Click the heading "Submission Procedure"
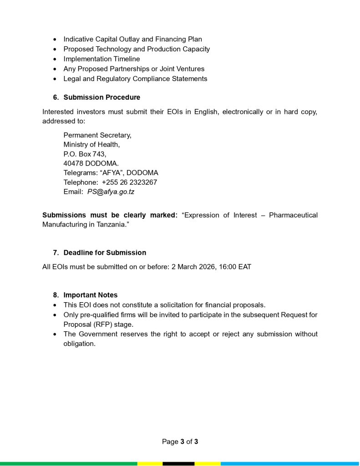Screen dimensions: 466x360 (x=101, y=97)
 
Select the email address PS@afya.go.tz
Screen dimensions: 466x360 (x=111, y=192)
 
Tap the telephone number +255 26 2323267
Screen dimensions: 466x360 (x=129, y=182)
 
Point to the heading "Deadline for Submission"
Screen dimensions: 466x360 (x=105, y=253)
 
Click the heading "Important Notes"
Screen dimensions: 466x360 (x=90, y=295)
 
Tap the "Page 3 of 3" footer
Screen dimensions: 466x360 (x=180, y=441)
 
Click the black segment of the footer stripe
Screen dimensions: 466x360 (x=178, y=464)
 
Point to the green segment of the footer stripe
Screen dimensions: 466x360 (x=68, y=464)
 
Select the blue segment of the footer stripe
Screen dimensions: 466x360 (x=290, y=464)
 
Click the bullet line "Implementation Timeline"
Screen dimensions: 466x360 (x=101, y=59)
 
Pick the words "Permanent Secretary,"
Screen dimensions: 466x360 (x=97, y=135)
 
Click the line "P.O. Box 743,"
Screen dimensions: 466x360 (x=85, y=154)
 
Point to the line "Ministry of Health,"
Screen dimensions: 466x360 (x=91, y=145)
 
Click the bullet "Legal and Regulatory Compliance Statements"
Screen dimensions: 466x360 (x=135, y=79)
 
